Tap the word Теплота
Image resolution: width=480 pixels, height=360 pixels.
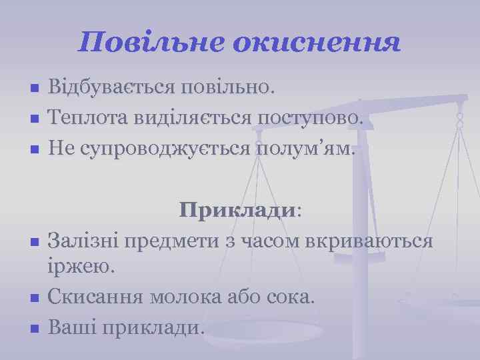tap(85, 118)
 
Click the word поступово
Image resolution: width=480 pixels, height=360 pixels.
tap(311, 118)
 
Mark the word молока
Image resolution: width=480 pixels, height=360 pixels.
tap(197, 297)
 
